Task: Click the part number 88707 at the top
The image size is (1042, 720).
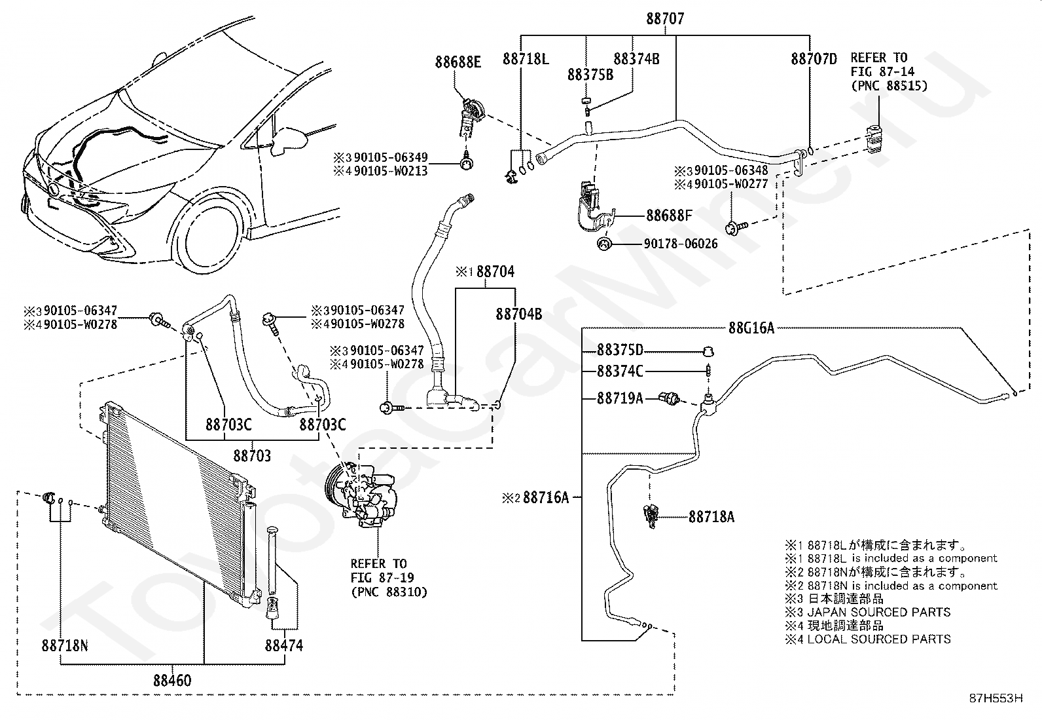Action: (x=665, y=18)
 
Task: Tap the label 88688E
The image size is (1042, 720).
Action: (x=458, y=62)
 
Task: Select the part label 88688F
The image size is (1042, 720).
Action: (x=669, y=215)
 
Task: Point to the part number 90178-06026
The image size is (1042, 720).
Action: (x=681, y=244)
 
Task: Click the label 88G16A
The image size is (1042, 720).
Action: (x=751, y=328)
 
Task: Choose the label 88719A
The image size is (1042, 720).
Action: (x=620, y=398)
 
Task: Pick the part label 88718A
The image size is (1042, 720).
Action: (x=711, y=516)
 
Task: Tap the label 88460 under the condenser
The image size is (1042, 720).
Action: (x=172, y=681)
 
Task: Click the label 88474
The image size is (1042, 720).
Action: (x=284, y=645)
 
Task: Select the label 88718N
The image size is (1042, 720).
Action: (x=65, y=645)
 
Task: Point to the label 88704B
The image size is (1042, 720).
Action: (x=518, y=314)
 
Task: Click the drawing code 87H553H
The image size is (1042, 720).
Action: (x=996, y=698)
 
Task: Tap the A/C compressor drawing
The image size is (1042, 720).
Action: (x=361, y=495)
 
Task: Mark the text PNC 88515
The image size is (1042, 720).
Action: (x=889, y=86)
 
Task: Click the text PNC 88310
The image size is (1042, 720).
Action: (x=389, y=592)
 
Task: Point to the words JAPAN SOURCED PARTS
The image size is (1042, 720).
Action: (x=879, y=612)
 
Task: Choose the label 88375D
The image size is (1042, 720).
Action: (x=620, y=349)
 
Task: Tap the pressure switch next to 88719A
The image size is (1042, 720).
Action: (x=670, y=398)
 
